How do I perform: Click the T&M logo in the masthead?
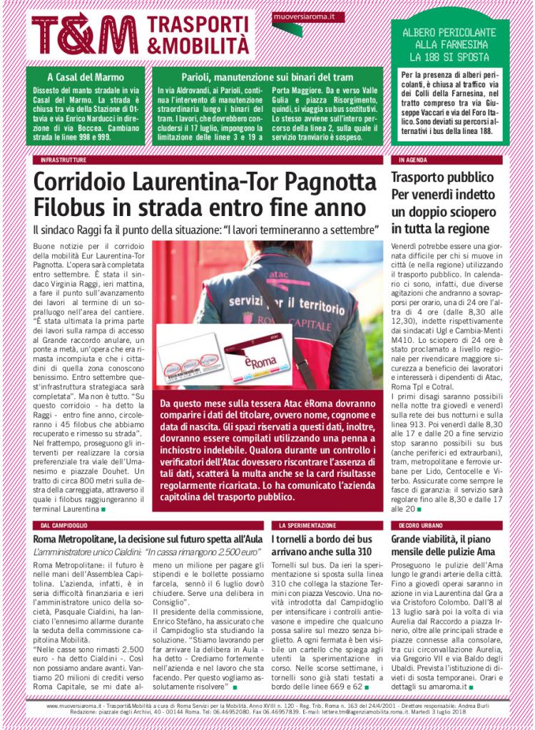pos(85,34)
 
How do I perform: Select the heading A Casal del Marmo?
pos(86,76)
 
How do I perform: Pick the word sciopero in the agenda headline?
pos(474,212)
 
